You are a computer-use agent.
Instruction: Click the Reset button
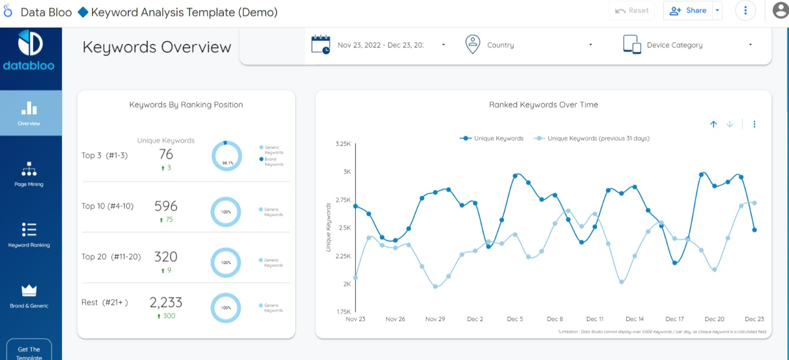632,11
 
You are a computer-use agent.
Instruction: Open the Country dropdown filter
529,45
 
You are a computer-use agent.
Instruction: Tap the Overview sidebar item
29,113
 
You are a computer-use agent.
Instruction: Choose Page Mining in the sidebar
29,174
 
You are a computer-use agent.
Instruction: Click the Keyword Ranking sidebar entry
29,235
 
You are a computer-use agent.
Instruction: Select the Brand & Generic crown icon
29,290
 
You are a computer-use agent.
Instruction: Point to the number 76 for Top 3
166,154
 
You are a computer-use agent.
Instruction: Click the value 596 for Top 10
166,206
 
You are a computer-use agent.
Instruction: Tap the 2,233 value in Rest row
166,302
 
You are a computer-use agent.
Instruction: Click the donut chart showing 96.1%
227,156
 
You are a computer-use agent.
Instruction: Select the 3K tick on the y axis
347,172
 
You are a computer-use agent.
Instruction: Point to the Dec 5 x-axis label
515,319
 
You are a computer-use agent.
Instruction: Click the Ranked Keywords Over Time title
543,105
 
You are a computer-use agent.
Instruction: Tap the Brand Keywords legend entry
273,162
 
